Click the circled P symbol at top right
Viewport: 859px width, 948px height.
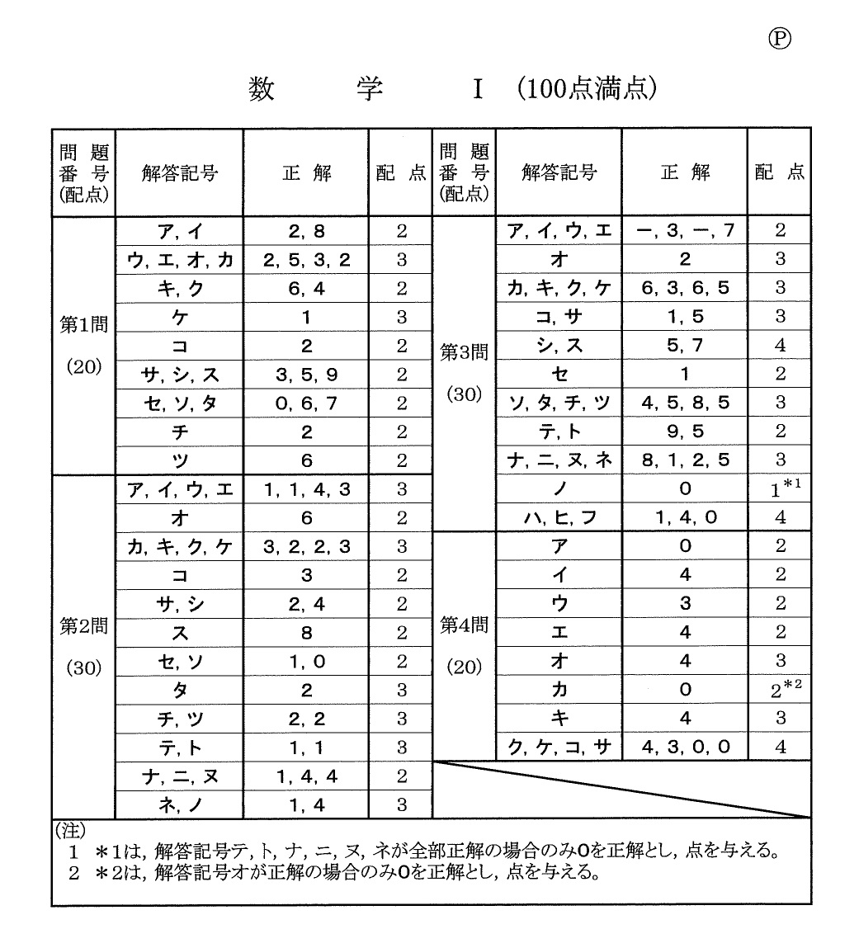click(x=779, y=38)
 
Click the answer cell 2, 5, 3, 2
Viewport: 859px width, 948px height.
click(x=306, y=260)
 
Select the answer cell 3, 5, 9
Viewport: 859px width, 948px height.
click(x=306, y=375)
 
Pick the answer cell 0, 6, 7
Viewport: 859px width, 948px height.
click(x=306, y=403)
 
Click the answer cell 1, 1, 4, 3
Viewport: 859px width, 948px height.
click(x=306, y=489)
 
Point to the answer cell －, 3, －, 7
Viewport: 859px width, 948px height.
click(x=685, y=231)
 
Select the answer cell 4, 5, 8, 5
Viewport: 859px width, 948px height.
click(x=685, y=403)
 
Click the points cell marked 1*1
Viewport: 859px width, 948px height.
click(x=780, y=488)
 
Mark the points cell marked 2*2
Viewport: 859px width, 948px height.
click(x=780, y=689)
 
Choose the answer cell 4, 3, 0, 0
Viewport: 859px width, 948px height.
click(x=685, y=748)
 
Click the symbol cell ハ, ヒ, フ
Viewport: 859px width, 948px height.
click(x=559, y=518)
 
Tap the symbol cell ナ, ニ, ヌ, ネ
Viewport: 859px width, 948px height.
click(x=559, y=460)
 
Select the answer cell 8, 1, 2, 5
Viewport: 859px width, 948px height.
click(x=685, y=460)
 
